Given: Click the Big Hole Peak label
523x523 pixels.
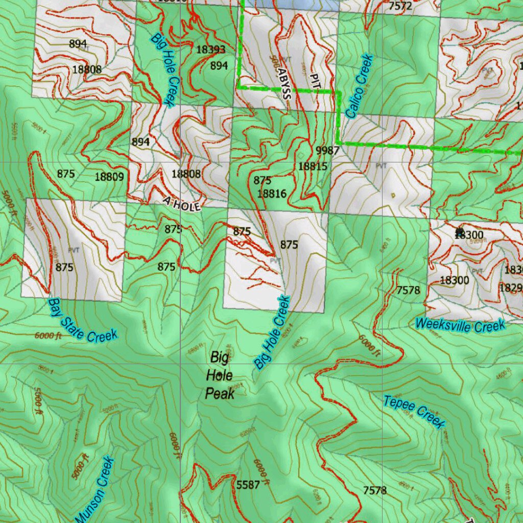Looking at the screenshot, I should pyautogui.click(x=220, y=375).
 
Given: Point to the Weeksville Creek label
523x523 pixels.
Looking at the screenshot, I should pyautogui.click(x=460, y=324).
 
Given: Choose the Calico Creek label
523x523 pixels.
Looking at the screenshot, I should pyautogui.click(x=359, y=86).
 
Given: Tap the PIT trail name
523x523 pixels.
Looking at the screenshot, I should pyautogui.click(x=314, y=81).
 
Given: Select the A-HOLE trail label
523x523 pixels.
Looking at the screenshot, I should pyautogui.click(x=182, y=205).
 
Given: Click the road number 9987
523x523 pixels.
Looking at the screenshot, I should pyautogui.click(x=327, y=150).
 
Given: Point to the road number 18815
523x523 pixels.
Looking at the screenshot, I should pyautogui.click(x=313, y=166).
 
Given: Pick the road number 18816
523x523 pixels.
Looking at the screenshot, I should pyautogui.click(x=272, y=193).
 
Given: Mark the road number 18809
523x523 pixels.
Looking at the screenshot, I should pyautogui.click(x=109, y=177).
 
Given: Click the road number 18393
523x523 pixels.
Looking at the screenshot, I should pyautogui.click(x=210, y=50).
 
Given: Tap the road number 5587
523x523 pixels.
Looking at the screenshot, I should pyautogui.click(x=248, y=484).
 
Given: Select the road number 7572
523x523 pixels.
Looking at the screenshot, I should pyautogui.click(x=400, y=6).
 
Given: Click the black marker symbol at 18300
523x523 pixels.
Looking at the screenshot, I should pyautogui.click(x=460, y=231).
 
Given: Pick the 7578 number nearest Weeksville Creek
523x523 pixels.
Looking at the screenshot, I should pyautogui.click(x=408, y=290).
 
